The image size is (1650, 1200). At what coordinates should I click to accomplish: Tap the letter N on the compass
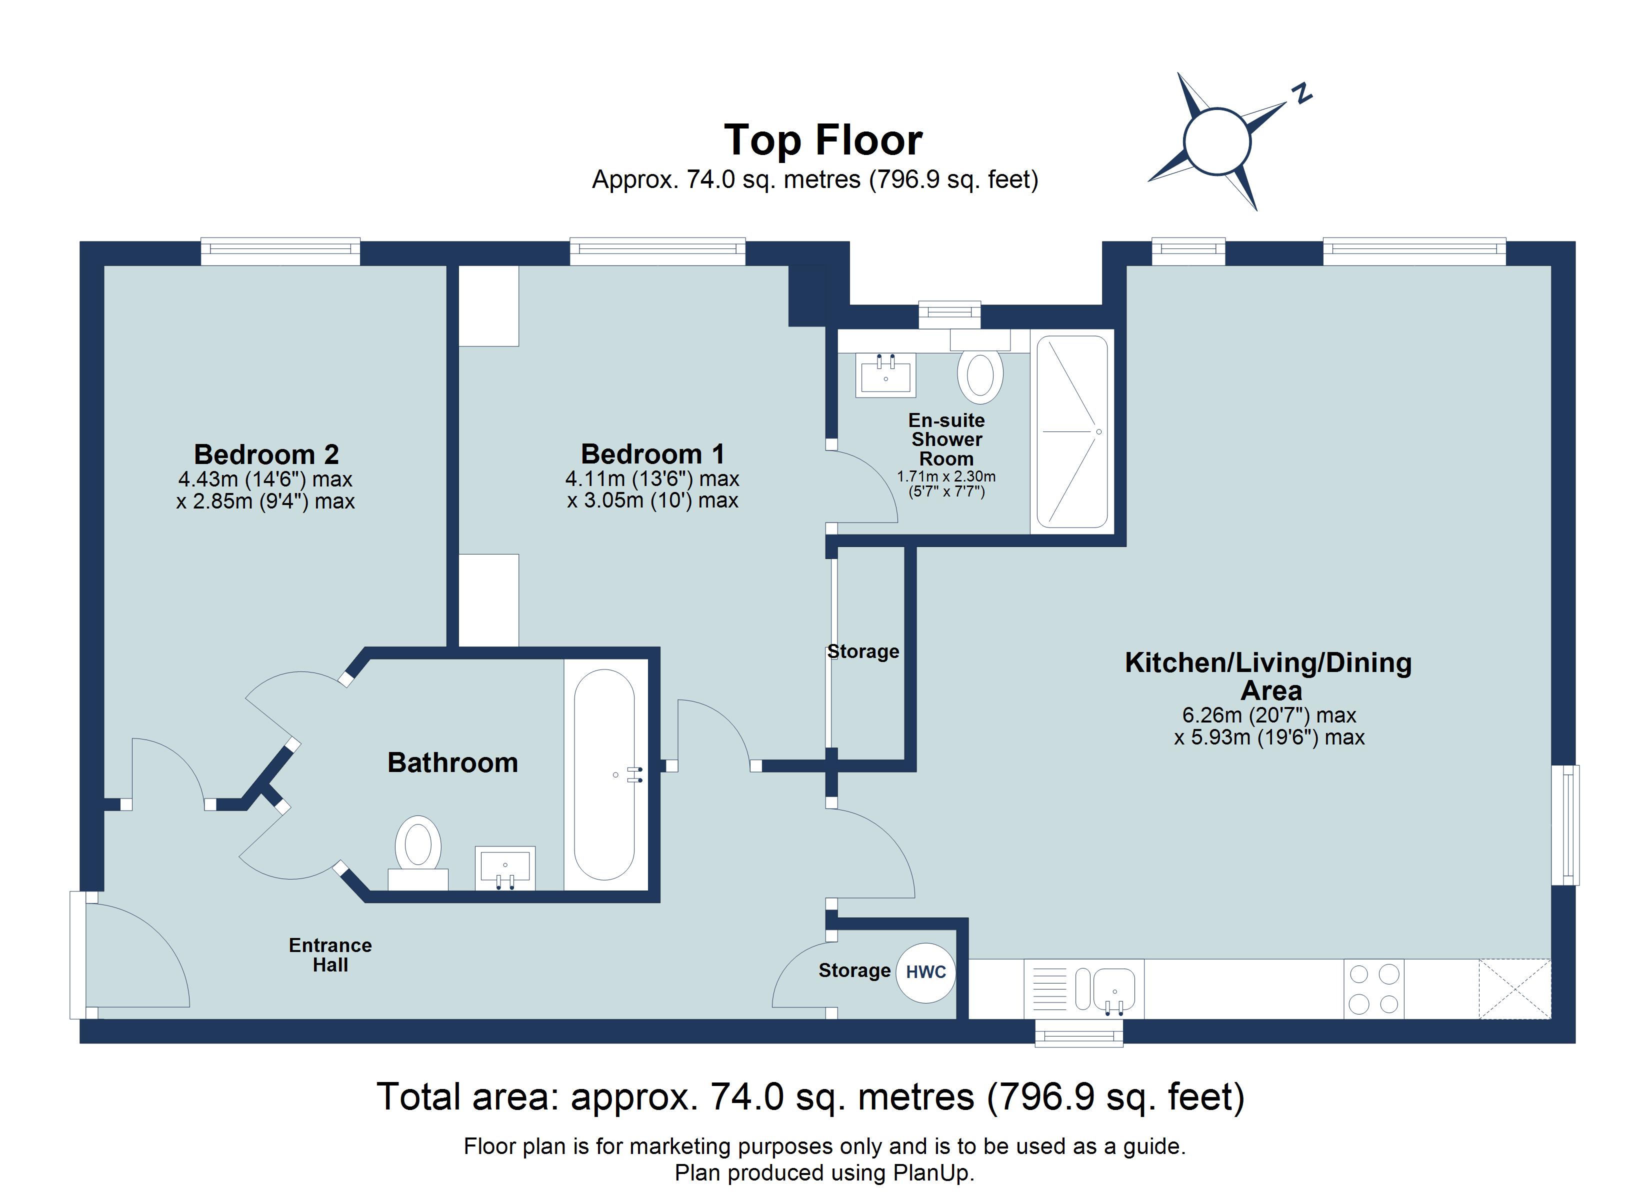click(1301, 94)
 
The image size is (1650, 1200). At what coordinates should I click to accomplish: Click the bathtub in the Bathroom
click(604, 774)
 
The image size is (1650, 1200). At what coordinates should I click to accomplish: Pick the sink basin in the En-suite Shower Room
click(885, 375)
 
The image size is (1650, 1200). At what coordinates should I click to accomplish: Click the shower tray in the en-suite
click(1071, 431)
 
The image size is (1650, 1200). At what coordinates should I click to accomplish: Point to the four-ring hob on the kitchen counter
click(1373, 989)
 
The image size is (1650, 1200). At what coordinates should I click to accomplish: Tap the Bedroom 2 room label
click(266, 455)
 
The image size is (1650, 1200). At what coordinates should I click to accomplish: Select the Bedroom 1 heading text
click(652, 454)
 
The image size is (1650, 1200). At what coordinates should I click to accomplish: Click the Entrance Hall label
click(330, 955)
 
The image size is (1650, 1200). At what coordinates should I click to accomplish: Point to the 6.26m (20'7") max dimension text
click(1269, 715)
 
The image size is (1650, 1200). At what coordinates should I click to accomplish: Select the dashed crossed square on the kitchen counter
click(1514, 989)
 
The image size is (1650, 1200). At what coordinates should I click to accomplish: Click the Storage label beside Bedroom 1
click(863, 651)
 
